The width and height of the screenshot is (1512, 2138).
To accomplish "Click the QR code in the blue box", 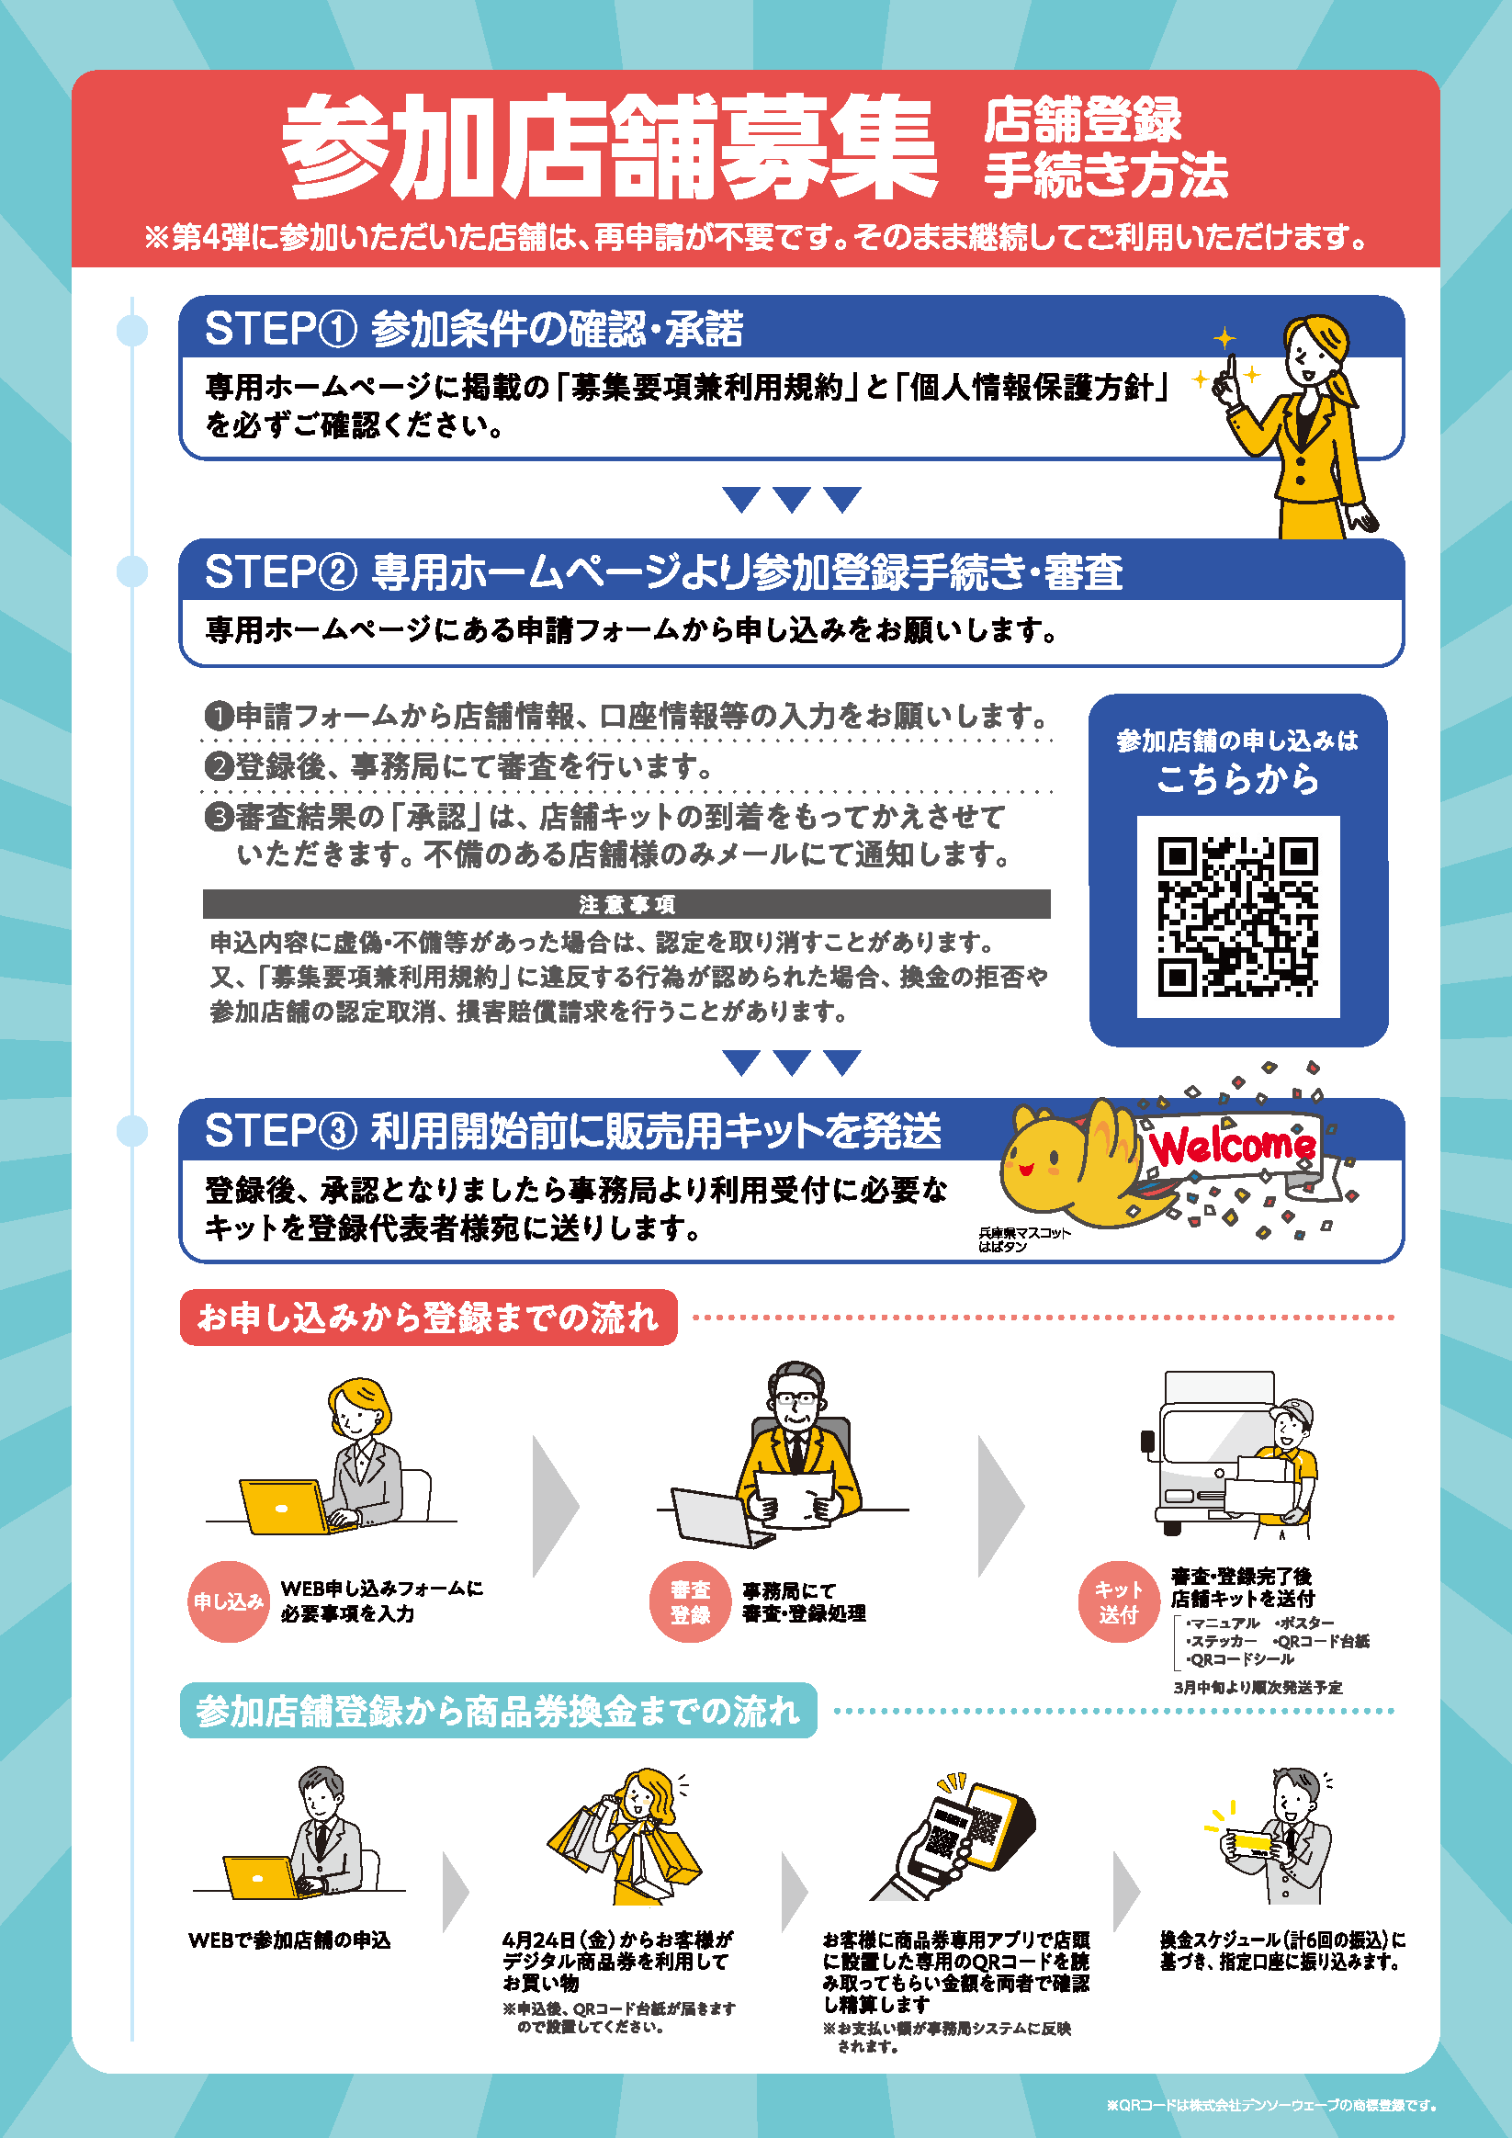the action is point(1237,916).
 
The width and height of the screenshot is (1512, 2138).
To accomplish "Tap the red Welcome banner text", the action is point(1232,1146).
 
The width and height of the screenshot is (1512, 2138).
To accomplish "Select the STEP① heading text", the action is point(474,330).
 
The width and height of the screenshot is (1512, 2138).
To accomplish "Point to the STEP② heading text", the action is point(664,571).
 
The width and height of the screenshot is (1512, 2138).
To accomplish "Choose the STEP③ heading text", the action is point(573,1130).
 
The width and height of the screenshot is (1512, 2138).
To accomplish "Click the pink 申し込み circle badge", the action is point(229,1601).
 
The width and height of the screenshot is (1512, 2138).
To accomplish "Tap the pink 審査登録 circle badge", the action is point(690,1601).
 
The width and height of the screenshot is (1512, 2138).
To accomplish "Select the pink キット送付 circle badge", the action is point(1118,1601).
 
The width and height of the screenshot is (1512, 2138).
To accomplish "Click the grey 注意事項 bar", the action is point(626,904).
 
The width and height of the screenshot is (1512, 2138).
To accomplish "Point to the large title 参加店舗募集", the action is point(610,146).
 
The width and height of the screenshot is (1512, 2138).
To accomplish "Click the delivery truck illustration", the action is point(1211,1453).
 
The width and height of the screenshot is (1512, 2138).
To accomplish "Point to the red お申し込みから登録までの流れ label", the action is point(428,1318).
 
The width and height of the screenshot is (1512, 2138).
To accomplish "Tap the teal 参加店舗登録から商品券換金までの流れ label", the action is point(498,1711).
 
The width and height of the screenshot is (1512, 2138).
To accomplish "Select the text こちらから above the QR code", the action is point(1237,778).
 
